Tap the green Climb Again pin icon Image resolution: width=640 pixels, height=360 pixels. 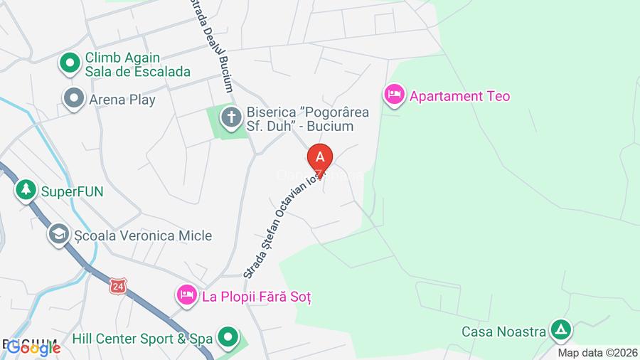(70, 64)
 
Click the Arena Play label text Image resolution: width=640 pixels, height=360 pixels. (122, 100)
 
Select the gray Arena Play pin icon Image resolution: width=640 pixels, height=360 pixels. (73, 98)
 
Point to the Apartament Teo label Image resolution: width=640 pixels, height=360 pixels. (459, 96)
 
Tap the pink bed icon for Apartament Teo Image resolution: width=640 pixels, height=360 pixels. (393, 94)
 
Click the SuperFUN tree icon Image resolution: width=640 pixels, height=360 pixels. (26, 190)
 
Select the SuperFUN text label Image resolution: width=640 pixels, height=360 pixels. (72, 191)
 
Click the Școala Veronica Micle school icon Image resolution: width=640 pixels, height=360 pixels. (58, 234)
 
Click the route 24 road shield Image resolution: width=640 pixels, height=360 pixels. (118, 285)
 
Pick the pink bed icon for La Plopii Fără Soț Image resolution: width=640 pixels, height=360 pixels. (186, 295)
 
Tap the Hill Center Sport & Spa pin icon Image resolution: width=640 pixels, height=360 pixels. (228, 337)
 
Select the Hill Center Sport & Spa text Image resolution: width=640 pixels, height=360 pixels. (142, 339)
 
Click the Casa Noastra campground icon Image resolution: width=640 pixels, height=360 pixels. (561, 329)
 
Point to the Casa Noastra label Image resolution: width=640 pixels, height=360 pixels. (503, 331)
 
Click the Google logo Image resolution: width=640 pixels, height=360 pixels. (33, 348)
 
